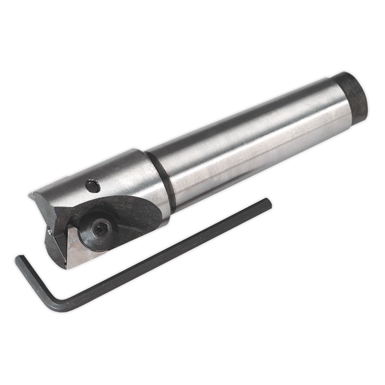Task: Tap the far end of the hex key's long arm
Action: (268, 201)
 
